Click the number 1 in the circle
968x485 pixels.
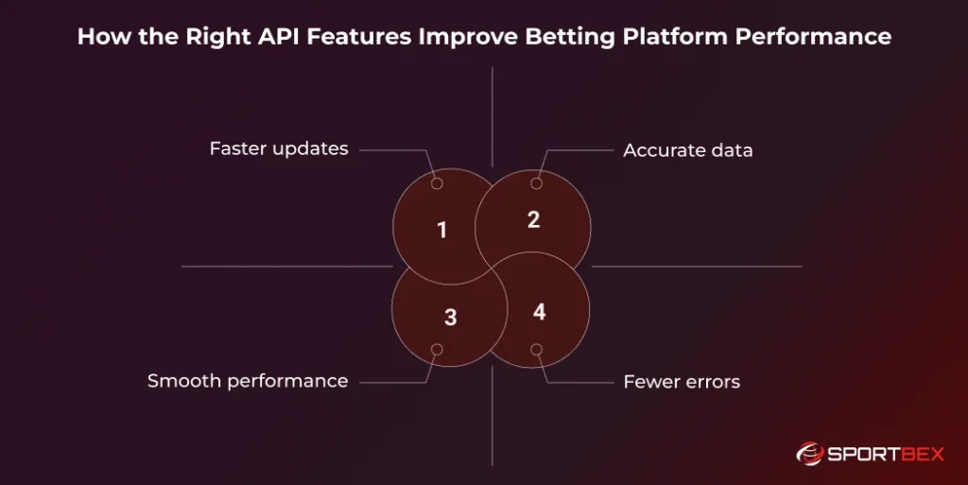point(441,230)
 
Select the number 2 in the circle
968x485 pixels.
point(533,220)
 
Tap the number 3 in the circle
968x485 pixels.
point(450,318)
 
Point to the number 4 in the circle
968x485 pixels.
point(539,311)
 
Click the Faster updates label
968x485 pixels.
point(279,148)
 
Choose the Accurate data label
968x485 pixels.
point(688,150)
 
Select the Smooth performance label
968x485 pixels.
point(248,381)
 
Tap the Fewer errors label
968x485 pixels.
point(682,382)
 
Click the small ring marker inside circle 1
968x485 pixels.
point(437,182)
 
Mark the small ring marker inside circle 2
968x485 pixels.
point(537,183)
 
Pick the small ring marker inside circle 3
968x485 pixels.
point(437,350)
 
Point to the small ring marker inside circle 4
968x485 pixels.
point(537,350)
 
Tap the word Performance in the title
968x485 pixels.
point(815,37)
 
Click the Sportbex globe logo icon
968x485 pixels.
point(810,455)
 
